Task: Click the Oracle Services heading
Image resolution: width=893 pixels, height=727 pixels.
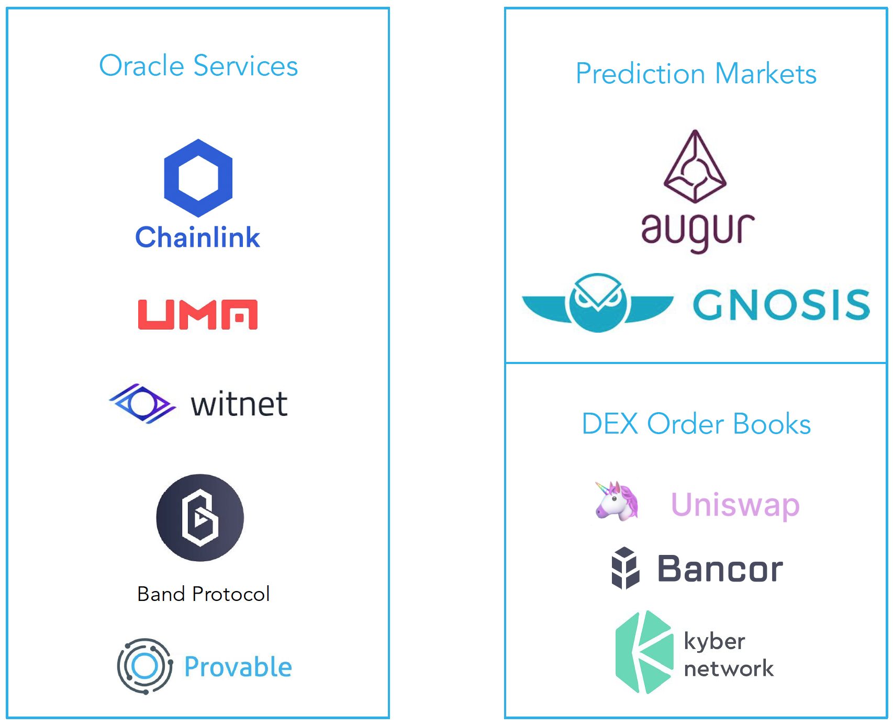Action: [198, 66]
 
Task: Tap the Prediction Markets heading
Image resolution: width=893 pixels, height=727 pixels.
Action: [696, 73]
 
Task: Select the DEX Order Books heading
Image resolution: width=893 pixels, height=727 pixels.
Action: [696, 424]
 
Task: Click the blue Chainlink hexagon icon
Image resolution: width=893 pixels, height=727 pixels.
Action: [198, 178]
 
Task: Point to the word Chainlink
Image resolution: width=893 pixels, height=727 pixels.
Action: [198, 237]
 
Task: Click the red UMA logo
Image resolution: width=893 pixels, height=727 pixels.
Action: [198, 314]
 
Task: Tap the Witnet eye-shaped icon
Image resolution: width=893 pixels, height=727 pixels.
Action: [142, 403]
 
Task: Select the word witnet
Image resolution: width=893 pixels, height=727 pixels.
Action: [239, 404]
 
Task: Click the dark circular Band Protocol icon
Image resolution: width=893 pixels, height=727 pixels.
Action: [200, 518]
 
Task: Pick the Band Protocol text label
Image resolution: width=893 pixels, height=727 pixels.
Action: [203, 594]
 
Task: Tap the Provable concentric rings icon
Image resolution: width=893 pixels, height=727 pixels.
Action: [145, 666]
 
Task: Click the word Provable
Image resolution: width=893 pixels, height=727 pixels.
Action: [238, 667]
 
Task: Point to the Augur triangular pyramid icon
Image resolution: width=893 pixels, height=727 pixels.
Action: [695, 167]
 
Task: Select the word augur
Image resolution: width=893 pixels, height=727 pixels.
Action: [698, 231]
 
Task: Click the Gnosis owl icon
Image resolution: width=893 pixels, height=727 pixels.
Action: [597, 302]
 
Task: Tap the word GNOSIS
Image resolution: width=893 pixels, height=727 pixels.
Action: [781, 304]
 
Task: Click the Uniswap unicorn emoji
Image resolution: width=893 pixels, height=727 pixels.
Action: [617, 502]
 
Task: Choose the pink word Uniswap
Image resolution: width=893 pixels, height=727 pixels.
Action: [735, 505]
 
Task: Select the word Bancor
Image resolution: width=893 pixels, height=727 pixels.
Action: [720, 569]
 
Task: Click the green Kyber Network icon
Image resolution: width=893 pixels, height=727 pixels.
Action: [644, 652]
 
